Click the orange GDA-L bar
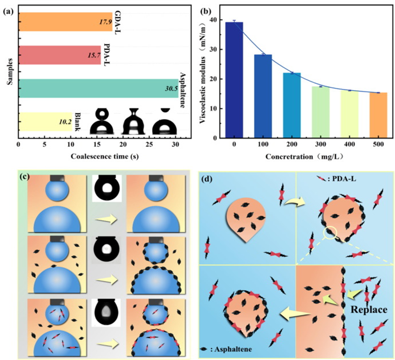pos(65,22)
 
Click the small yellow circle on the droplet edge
pos(329,233)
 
